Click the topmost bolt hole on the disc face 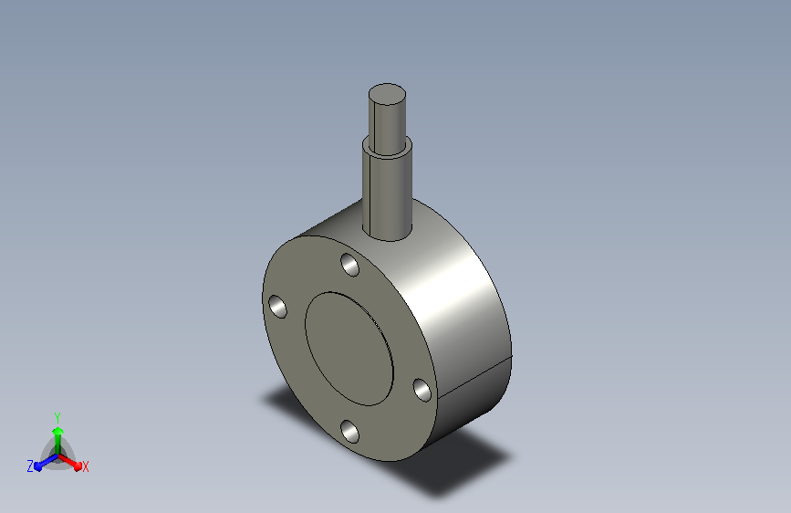(350, 265)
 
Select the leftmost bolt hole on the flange (277, 307)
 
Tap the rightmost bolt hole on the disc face (422, 391)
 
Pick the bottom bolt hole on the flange (349, 432)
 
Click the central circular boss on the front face (349, 349)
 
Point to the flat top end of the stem (387, 94)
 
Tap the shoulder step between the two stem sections (387, 148)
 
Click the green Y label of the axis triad (57, 418)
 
